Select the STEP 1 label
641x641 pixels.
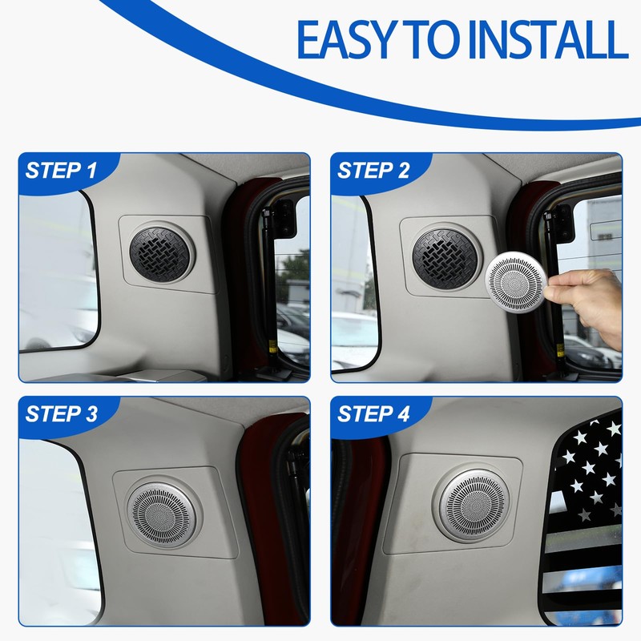click(x=62, y=170)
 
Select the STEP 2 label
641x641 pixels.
click(x=373, y=170)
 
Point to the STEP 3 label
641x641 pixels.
click(x=62, y=413)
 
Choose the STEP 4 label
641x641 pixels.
click(x=373, y=413)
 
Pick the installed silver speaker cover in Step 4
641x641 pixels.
click(x=474, y=506)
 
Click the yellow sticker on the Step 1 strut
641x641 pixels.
click(x=271, y=347)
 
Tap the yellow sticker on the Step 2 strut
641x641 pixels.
click(x=559, y=349)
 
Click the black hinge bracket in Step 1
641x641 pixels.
click(x=284, y=218)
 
